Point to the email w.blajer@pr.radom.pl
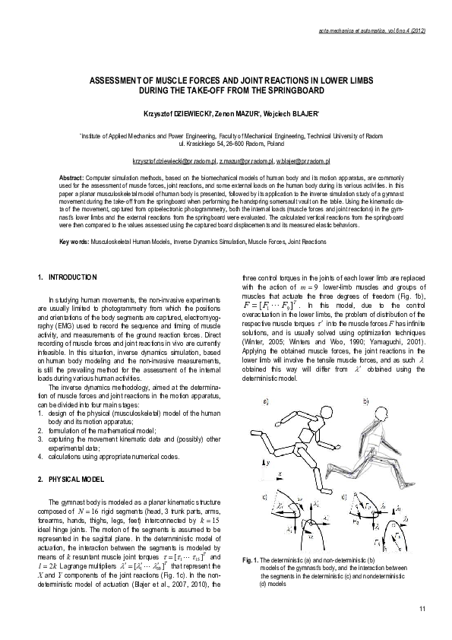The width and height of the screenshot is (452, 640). tap(302, 162)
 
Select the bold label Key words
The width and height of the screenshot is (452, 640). tap(73, 242)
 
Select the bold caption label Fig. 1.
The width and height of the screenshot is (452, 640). tap(251, 559)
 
